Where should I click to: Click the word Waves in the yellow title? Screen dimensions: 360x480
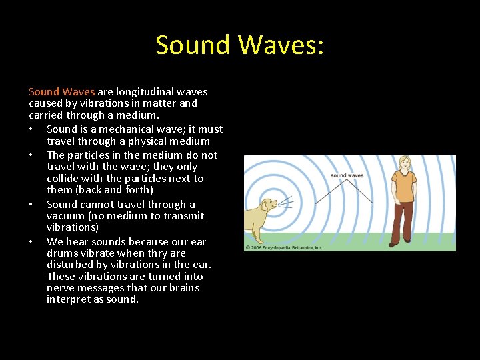(281, 45)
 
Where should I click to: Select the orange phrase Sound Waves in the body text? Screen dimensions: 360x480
(62, 92)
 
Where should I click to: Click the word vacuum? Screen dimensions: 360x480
(66, 216)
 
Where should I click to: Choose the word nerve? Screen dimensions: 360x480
(61, 288)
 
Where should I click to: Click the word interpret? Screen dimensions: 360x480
(69, 299)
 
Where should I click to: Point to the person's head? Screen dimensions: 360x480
(404, 163)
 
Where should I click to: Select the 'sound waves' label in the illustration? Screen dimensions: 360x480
(347, 175)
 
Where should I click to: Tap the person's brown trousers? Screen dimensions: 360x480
(403, 220)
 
